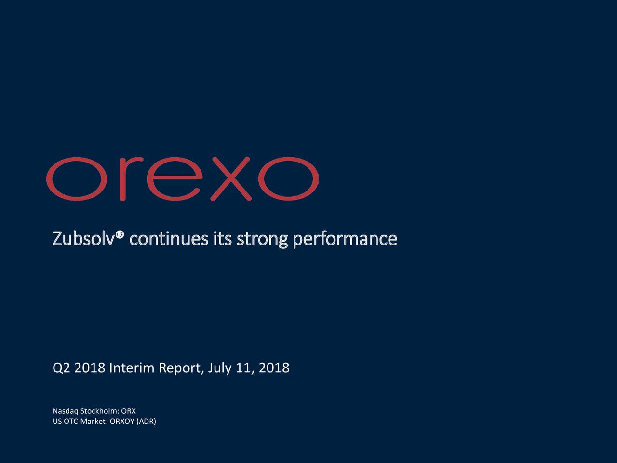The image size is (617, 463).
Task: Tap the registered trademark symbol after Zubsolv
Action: (x=120, y=234)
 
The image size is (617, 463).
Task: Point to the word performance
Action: (x=345, y=239)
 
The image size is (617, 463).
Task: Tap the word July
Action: (x=220, y=368)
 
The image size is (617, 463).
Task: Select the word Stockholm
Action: (x=99, y=411)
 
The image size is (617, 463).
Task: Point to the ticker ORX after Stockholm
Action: (x=129, y=411)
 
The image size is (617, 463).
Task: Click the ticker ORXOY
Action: (x=122, y=422)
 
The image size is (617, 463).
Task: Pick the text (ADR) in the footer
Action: (x=147, y=422)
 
